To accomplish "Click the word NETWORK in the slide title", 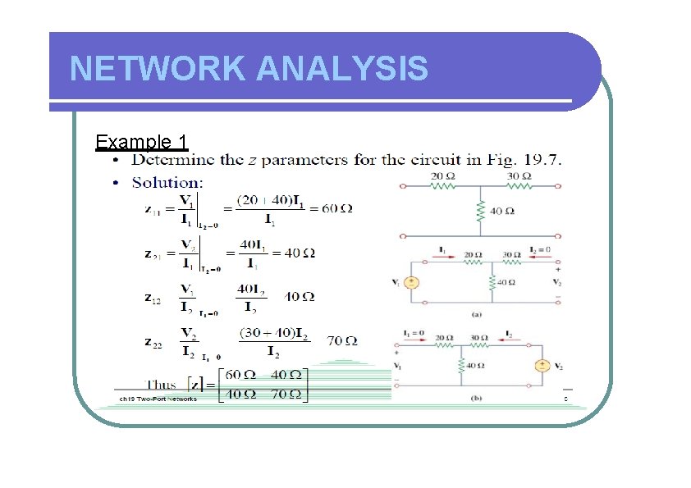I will tap(158, 69).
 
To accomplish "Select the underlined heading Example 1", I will tap(142, 142).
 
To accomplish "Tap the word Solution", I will tap(167, 182).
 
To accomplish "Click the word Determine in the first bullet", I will tap(173, 159).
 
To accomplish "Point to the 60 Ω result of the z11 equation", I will tap(336, 208).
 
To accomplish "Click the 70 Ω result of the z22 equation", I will tap(341, 340).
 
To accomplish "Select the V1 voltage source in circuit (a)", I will tap(414, 283).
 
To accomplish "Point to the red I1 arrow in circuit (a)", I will tap(443, 255).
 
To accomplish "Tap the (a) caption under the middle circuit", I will tap(477, 312).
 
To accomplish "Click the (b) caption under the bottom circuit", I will tap(477, 397).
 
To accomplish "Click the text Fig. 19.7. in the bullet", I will tap(533, 159).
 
